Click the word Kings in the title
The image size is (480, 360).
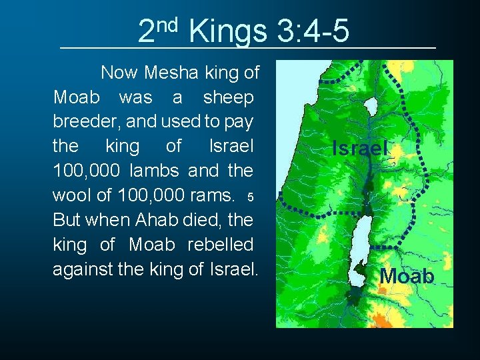tap(227, 31)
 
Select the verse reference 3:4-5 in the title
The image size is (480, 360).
tap(311, 31)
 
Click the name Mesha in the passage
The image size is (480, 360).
tap(168, 73)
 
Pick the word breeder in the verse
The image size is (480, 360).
tap(81, 122)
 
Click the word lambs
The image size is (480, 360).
tap(154, 171)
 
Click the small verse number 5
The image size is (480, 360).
tap(250, 197)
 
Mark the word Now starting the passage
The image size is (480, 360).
tap(117, 73)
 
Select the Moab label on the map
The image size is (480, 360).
tap(407, 276)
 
